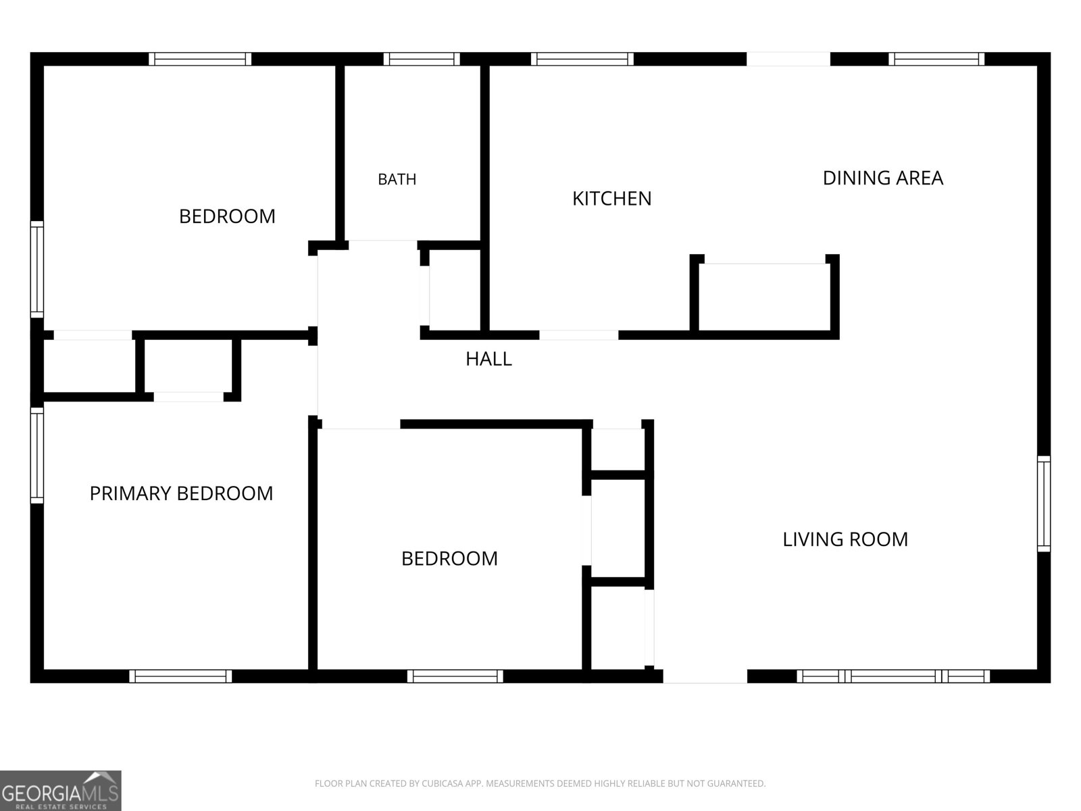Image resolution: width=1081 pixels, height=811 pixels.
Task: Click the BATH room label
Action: (x=397, y=179)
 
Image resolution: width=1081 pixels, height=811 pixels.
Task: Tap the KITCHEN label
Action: (x=611, y=199)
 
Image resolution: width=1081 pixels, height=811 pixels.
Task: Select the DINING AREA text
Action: (x=882, y=178)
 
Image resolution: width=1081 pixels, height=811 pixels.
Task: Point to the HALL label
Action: (x=488, y=359)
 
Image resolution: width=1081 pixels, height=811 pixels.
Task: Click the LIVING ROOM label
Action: (x=845, y=539)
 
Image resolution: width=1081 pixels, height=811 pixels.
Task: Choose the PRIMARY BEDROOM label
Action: (x=181, y=493)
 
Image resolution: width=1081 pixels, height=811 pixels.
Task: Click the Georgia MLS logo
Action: (x=61, y=791)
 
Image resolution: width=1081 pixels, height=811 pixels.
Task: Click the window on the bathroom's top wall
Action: (x=422, y=59)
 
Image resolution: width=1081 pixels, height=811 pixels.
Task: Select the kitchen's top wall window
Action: (x=582, y=59)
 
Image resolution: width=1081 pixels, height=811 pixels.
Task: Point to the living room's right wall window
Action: (x=1044, y=503)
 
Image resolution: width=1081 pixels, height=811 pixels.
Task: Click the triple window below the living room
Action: (x=893, y=676)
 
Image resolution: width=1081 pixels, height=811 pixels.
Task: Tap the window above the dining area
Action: (x=936, y=59)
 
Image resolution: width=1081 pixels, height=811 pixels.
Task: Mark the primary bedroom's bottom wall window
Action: (x=181, y=676)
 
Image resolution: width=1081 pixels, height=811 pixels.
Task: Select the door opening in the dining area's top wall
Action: (x=788, y=59)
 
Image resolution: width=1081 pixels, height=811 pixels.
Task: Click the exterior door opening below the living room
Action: (x=705, y=676)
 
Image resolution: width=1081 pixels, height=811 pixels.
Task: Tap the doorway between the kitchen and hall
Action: (x=578, y=335)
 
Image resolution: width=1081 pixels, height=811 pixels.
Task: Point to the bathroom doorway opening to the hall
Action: (x=382, y=245)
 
